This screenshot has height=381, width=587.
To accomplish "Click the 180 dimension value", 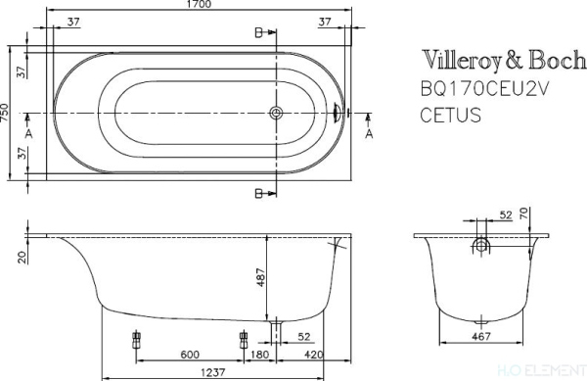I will coord(260,355).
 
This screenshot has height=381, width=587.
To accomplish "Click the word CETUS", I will coord(451,114).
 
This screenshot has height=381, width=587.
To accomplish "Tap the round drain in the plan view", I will coord(277,113).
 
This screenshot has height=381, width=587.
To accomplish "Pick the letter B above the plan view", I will coord(258,33).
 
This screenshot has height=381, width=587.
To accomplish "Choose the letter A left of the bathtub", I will coord(27,132).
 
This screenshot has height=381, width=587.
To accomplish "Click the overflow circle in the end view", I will coord(481,244).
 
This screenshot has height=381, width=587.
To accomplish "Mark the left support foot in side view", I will coord(135,342).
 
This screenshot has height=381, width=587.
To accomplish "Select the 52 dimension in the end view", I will coord(506,214).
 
